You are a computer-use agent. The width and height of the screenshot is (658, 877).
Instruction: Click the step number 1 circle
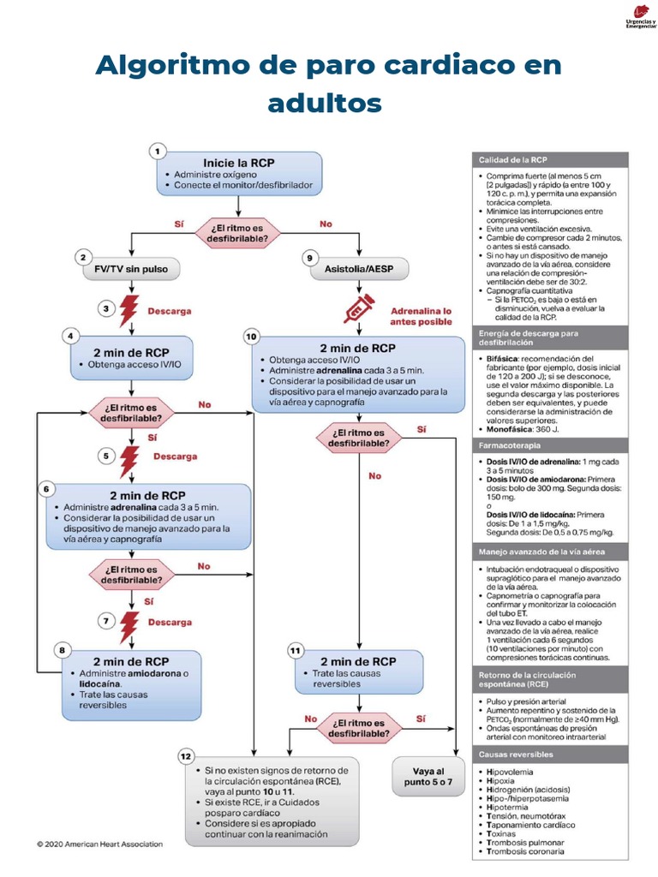(x=158, y=151)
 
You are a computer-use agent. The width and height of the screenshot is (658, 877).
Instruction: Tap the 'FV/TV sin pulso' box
(x=132, y=269)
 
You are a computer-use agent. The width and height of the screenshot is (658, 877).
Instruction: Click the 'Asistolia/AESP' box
(x=357, y=269)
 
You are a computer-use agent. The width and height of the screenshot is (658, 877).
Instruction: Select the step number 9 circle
(x=309, y=257)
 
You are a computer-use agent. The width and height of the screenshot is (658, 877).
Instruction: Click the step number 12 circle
(x=186, y=755)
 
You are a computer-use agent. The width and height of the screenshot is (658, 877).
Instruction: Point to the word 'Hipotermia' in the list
(x=511, y=807)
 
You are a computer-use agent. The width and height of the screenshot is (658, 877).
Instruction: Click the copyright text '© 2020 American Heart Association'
(x=99, y=844)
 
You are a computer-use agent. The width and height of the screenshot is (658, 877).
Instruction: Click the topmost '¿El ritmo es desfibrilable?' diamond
(x=239, y=231)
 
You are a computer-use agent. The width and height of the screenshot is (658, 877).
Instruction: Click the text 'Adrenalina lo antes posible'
(x=421, y=315)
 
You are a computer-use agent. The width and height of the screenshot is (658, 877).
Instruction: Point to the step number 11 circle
(x=295, y=651)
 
